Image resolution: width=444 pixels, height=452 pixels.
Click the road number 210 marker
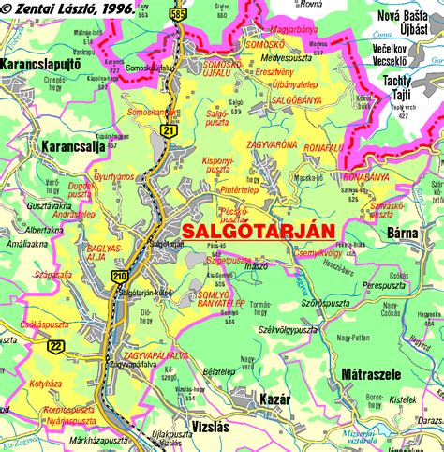click(x=120, y=276)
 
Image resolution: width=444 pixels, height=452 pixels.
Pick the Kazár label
click(x=274, y=399)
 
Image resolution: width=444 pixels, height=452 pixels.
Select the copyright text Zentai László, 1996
click(x=67, y=8)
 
